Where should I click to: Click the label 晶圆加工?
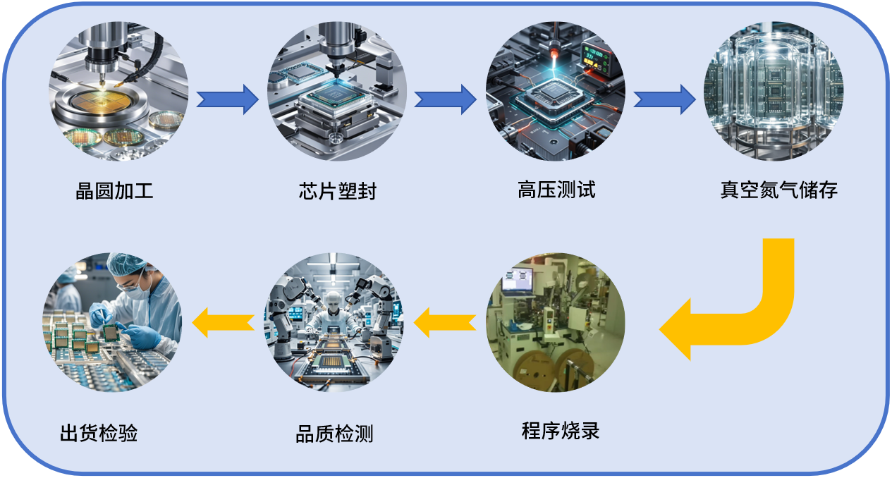pos(114,190)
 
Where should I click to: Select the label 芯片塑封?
pos(337,191)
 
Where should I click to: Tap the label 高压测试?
pos(556,190)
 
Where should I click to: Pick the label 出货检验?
pos(99,432)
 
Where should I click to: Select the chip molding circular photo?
pos(337,91)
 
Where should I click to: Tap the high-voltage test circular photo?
pos(556,91)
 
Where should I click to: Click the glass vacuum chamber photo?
pos(774,91)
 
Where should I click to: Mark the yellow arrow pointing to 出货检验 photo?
pos(224,321)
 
